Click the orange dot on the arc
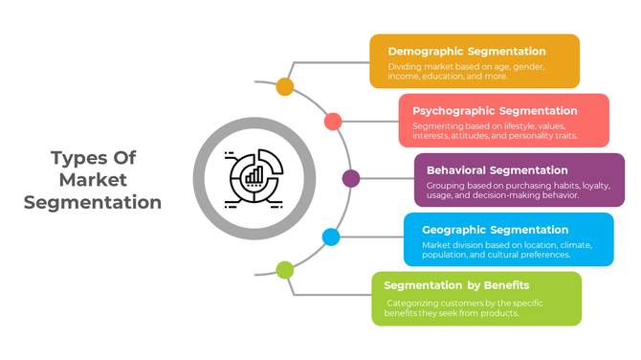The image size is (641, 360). [x=285, y=87]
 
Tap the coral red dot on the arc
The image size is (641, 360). [x=333, y=122]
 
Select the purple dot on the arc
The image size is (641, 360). [x=351, y=178]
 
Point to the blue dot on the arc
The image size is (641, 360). [x=331, y=236]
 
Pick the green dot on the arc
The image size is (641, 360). [x=285, y=270]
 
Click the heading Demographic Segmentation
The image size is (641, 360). [x=467, y=52]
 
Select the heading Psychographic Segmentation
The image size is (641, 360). [x=495, y=111]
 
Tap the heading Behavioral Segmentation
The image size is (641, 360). [x=503, y=170]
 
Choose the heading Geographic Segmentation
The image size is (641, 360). [x=496, y=230]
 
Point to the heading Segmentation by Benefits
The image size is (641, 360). [x=456, y=285]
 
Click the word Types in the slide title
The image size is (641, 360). [x=76, y=158]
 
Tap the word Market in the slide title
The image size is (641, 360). [x=93, y=180]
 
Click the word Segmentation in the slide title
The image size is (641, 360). [x=93, y=202]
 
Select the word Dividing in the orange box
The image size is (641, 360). [x=404, y=67]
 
